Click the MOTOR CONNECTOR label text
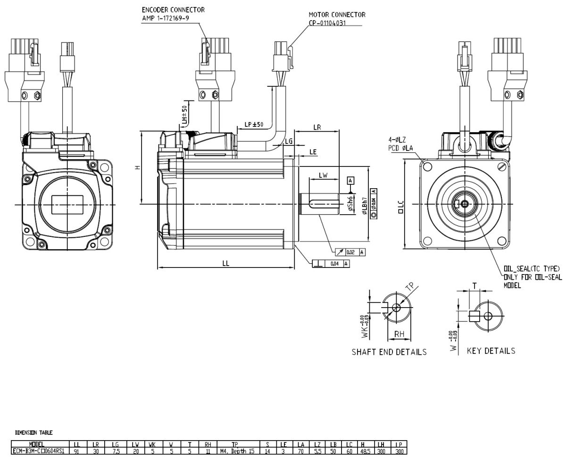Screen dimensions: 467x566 coord(337,15)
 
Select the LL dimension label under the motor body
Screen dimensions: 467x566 coord(226,264)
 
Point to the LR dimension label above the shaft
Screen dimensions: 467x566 coord(317,128)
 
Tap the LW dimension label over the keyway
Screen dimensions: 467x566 coord(323,175)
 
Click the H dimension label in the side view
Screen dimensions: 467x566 coord(137,167)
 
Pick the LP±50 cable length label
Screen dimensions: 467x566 coord(254,125)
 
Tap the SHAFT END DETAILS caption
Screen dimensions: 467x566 coord(389,352)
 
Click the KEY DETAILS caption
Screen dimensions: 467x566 coord(491,351)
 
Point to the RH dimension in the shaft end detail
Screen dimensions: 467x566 coord(399,334)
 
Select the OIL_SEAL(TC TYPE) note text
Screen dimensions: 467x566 coord(531,269)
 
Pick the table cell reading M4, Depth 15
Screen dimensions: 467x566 coord(237,451)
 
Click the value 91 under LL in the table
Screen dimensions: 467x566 coord(77,451)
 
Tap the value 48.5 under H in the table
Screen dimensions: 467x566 coord(364,451)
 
